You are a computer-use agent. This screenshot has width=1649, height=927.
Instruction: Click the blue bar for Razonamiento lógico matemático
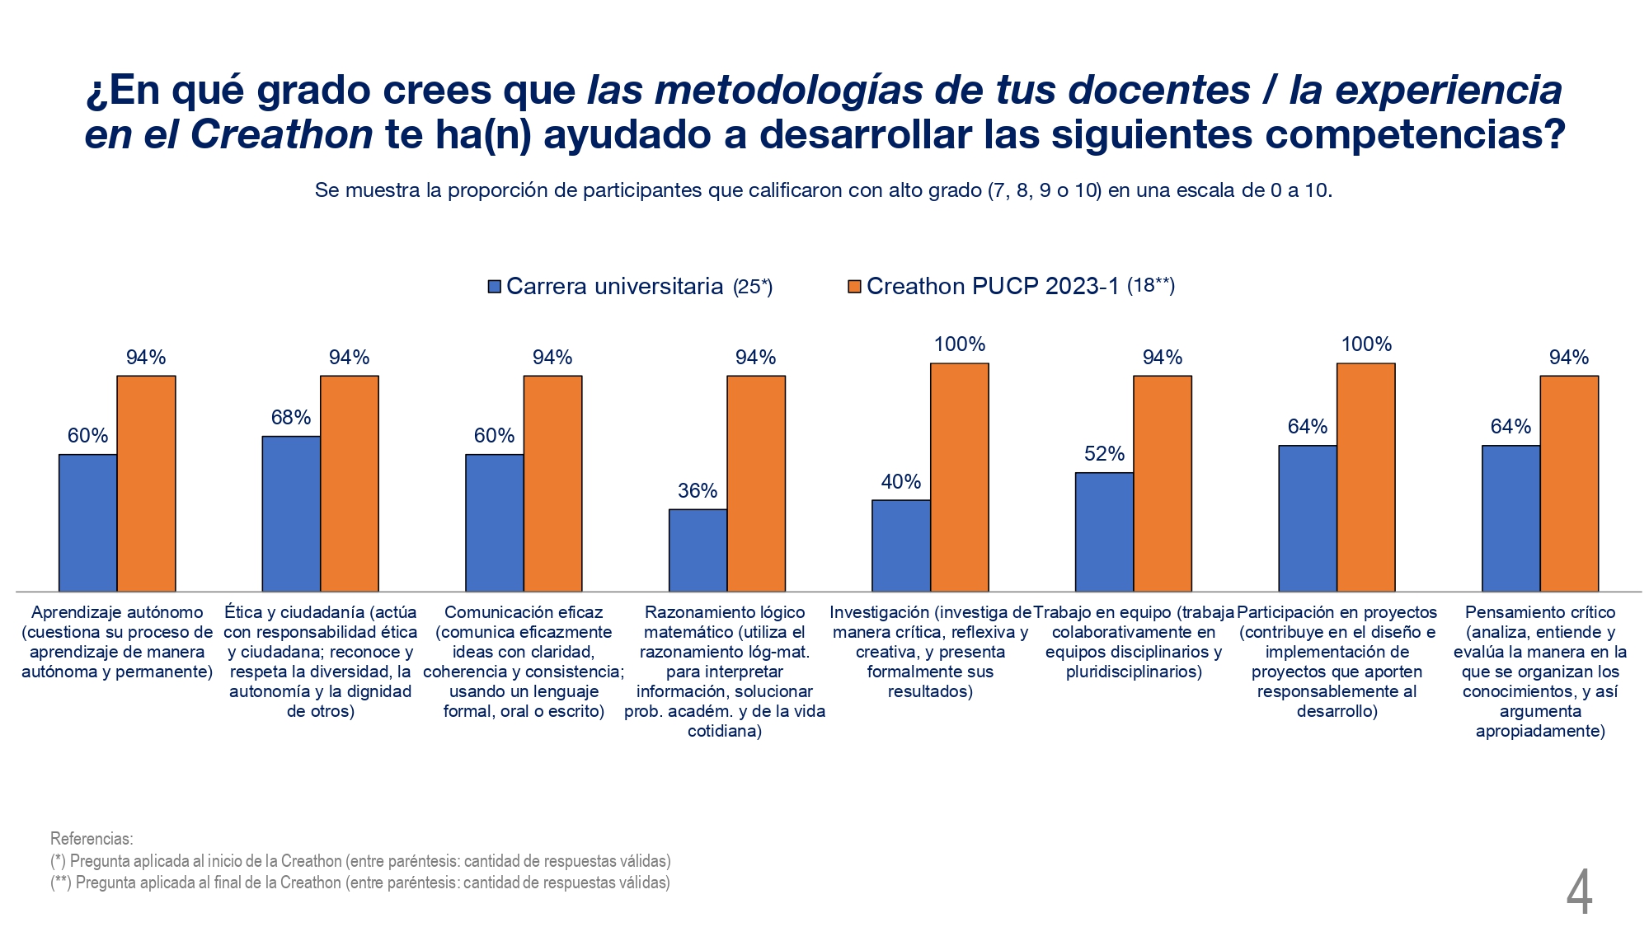(x=698, y=550)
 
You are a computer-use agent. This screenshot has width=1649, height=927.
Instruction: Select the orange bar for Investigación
(x=959, y=477)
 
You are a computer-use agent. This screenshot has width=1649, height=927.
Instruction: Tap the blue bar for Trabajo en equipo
(x=1104, y=531)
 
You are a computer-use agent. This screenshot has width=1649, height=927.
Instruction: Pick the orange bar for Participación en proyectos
(x=1365, y=477)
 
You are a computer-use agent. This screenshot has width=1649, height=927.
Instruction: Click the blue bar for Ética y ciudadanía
(x=291, y=513)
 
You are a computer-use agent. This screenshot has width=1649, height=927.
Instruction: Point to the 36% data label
(x=698, y=491)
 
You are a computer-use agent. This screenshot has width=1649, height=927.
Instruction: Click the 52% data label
(x=1104, y=454)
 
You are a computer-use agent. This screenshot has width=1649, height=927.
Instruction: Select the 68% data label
(x=291, y=418)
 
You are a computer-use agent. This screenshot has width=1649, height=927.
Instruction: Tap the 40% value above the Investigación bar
(x=900, y=482)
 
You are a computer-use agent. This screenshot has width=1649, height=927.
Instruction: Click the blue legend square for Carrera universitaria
(x=495, y=287)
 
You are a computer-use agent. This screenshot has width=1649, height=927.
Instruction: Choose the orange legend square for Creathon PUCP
(x=854, y=287)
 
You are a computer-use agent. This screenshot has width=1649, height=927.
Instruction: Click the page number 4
(x=1579, y=893)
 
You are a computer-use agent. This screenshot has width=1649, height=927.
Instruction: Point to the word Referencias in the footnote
(x=92, y=839)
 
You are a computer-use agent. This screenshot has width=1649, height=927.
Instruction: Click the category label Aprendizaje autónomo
(x=117, y=612)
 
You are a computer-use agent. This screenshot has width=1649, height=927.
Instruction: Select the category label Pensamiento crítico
(x=1540, y=612)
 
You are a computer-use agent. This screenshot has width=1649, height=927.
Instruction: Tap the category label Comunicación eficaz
(x=524, y=612)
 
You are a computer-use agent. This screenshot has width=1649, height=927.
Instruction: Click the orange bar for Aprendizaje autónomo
(x=146, y=484)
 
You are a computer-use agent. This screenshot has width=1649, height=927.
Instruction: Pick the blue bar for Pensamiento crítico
(x=1510, y=518)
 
